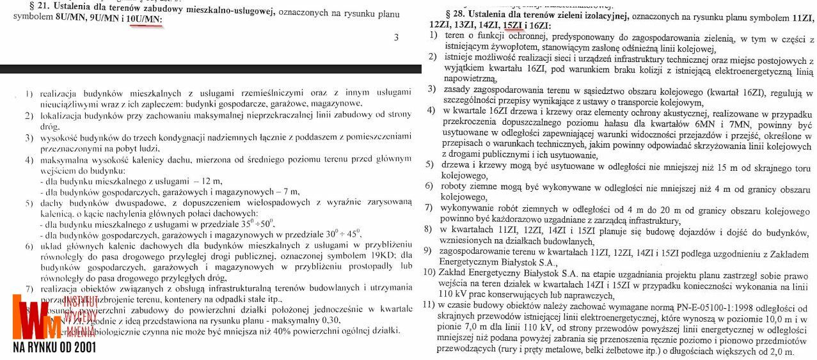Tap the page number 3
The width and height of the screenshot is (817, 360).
click(396, 38)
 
